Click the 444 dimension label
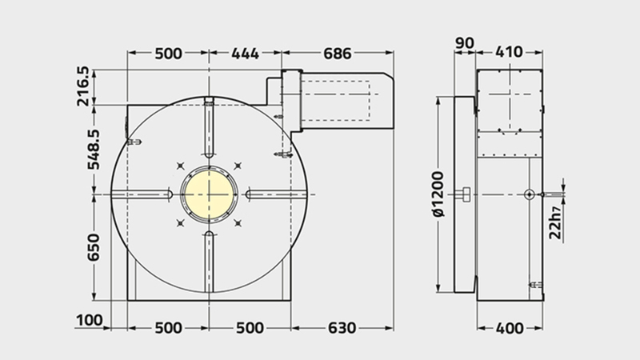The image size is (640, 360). tap(245, 54)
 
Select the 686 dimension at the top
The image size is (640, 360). tap(337, 54)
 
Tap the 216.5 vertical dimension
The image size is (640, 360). tap(83, 86)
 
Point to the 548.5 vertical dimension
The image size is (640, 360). tap(94, 150)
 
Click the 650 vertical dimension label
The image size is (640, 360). tap(94, 247)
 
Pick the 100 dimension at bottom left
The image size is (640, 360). tap(90, 320)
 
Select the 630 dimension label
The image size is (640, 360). tap(342, 328)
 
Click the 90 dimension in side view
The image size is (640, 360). tap(465, 43)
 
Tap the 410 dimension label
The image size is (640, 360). tap(509, 52)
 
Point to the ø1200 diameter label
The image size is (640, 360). tap(438, 194)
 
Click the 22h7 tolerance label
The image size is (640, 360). tap(555, 222)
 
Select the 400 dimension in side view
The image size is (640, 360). tap(510, 328)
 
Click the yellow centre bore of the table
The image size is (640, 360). tap(209, 194)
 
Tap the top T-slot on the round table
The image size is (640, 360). tap(209, 128)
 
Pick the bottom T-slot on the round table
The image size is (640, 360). tap(209, 262)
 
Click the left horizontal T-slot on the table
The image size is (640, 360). tap(142, 194)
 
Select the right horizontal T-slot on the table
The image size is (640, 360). tap(276, 194)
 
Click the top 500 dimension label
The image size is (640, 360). tap(168, 54)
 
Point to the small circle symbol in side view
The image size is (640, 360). tap(529, 194)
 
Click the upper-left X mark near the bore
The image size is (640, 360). tap(181, 166)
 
